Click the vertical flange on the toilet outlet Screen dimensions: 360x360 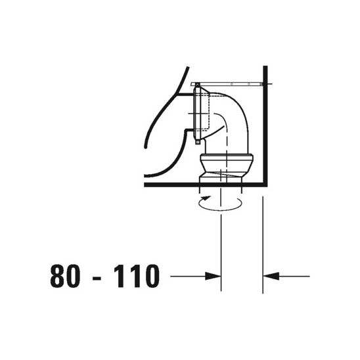pyautogui.click(x=196, y=115)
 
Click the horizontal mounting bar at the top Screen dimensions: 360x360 pyautogui.click(x=230, y=85)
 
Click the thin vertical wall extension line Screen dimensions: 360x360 pyautogui.click(x=263, y=243)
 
